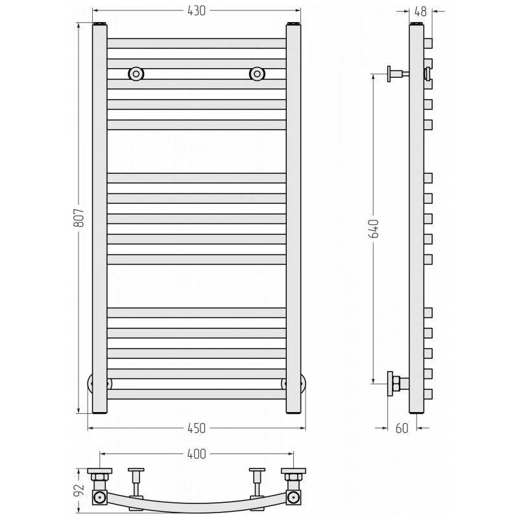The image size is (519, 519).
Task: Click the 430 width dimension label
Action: [197, 11]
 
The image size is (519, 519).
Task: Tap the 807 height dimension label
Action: [79, 218]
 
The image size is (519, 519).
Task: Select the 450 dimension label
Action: [197, 428]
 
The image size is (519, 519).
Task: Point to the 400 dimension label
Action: [197, 453]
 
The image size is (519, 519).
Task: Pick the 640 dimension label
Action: [374, 228]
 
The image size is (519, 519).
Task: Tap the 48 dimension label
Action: [420, 12]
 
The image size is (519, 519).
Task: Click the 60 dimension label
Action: [402, 428]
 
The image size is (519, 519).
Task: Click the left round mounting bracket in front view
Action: [136, 74]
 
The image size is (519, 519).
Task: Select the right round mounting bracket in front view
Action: [257, 74]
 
